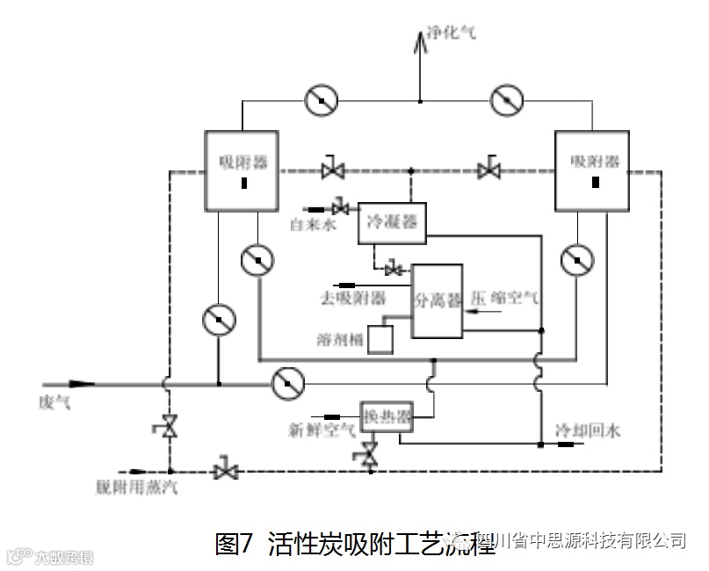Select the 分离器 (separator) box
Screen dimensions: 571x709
point(438,300)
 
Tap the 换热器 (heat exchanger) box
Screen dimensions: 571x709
point(387,417)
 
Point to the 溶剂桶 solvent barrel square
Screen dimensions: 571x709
point(380,339)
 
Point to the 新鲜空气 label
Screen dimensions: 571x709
point(322,431)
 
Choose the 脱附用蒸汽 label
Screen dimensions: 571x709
point(137,485)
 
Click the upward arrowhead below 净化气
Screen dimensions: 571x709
point(420,40)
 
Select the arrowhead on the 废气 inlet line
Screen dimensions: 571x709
point(81,384)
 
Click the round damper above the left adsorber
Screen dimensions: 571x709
point(322,100)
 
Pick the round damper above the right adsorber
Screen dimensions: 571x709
point(507,100)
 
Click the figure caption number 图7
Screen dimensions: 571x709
point(234,543)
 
